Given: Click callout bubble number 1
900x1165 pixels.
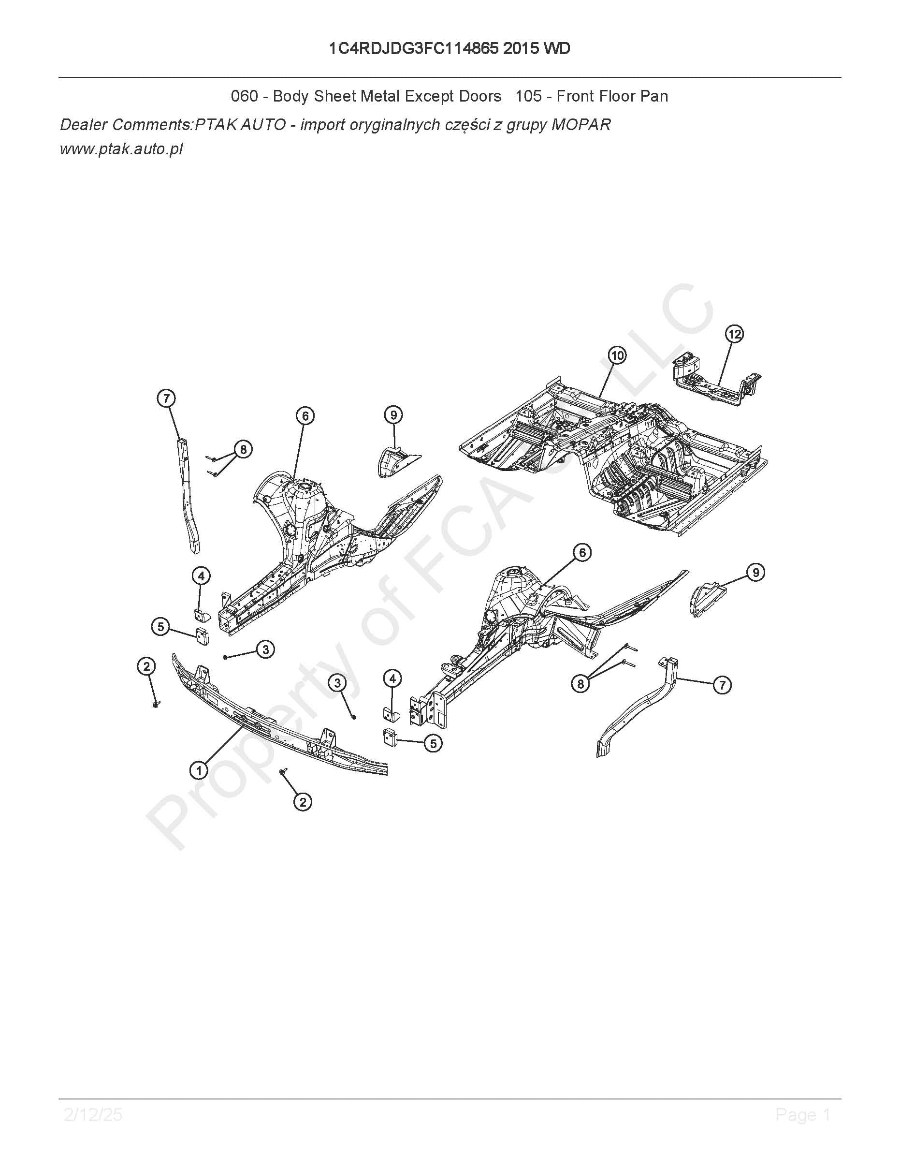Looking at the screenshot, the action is pyautogui.click(x=199, y=770).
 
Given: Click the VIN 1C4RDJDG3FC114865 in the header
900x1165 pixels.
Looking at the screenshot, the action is pyautogui.click(x=414, y=48).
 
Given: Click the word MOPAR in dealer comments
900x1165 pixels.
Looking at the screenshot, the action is pyautogui.click(x=581, y=125).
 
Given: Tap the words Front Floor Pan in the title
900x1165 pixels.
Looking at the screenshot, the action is pyautogui.click(x=612, y=96).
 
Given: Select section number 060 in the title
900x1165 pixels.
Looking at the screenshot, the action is pyautogui.click(x=244, y=96).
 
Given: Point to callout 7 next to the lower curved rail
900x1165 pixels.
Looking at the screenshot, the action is pyautogui.click(x=722, y=685).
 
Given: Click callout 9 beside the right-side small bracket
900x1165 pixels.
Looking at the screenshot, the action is pyautogui.click(x=755, y=573).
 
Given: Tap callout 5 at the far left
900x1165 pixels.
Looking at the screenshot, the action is pyautogui.click(x=160, y=627).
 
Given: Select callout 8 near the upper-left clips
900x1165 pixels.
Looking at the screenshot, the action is pyautogui.click(x=243, y=449).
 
